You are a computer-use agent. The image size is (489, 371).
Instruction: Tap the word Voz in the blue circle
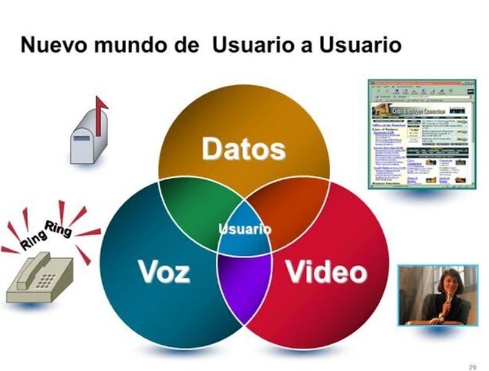(164, 271)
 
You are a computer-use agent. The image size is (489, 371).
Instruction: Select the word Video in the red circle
(326, 271)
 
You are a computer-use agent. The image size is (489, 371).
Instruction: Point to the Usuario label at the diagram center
(244, 229)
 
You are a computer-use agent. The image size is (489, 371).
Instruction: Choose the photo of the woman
(437, 294)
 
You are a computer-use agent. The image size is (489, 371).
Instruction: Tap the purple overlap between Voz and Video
(244, 278)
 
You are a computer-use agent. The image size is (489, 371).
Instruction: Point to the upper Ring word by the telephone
(59, 226)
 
